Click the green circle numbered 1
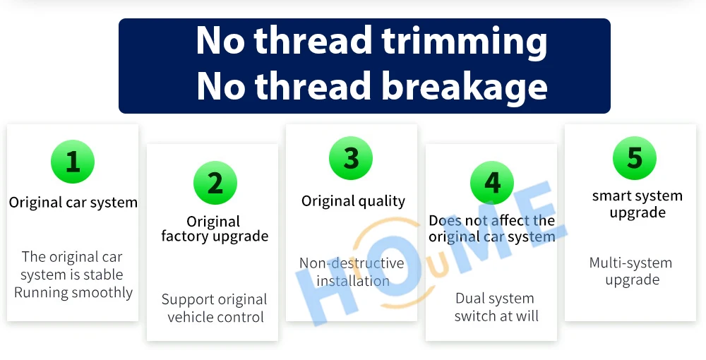coord(73,162)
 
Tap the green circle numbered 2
coord(215,183)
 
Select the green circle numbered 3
coord(351,158)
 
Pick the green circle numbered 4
coord(492,183)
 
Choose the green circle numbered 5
coord(635,158)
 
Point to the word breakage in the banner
coord(465,86)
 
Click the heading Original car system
coord(73,203)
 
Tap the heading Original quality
coord(354,201)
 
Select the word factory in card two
coord(186,236)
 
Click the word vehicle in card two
coord(189,317)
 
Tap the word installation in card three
coord(353,281)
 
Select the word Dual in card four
coord(469,299)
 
